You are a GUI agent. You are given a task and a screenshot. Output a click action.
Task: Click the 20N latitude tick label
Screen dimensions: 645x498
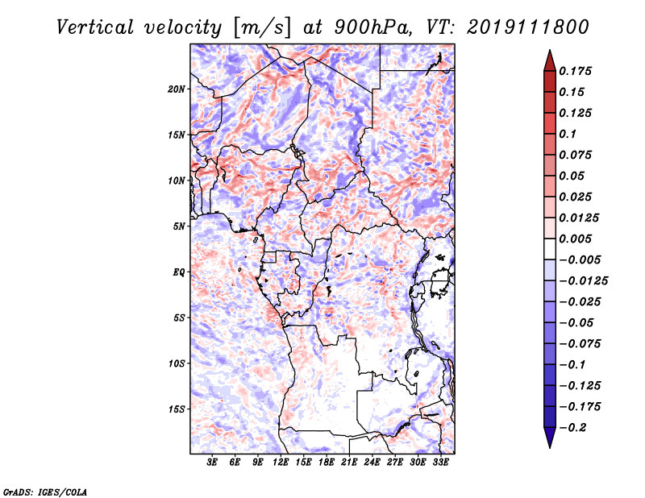pyautogui.click(x=176, y=89)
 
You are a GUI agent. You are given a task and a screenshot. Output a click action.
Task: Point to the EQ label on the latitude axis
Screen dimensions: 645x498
pyautogui.click(x=178, y=272)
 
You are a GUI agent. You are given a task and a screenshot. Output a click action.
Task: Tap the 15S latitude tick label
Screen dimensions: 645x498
pyautogui.click(x=176, y=409)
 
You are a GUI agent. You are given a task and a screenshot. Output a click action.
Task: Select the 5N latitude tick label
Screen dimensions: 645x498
pyautogui.click(x=178, y=226)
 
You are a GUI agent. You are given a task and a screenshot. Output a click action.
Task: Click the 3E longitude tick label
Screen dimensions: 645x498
pyautogui.click(x=212, y=462)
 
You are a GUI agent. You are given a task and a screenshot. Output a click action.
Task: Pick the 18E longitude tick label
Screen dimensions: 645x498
pyautogui.click(x=327, y=462)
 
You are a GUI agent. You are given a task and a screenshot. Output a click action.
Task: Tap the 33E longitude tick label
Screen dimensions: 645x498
pyautogui.click(x=440, y=462)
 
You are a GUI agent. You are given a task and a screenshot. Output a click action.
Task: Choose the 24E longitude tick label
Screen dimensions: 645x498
pyautogui.click(x=372, y=462)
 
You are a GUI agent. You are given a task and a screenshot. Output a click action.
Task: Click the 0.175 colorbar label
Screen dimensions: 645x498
pyautogui.click(x=575, y=71)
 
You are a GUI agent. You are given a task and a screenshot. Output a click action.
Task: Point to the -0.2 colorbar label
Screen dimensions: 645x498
pyautogui.click(x=572, y=428)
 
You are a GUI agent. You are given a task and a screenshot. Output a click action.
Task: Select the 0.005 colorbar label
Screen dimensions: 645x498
pyautogui.click(x=575, y=239)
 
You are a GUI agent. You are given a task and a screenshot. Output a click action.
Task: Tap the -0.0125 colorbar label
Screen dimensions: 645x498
pyautogui.click(x=583, y=281)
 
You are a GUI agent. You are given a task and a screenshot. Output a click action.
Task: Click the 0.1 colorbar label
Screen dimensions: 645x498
pyautogui.click(x=568, y=134)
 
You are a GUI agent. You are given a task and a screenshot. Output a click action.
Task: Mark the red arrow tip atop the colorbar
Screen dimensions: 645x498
pyautogui.click(x=550, y=50)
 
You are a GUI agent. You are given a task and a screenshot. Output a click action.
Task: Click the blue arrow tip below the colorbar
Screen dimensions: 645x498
pyautogui.click(x=550, y=447)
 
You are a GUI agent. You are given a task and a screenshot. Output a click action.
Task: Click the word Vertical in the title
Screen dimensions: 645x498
pyautogui.click(x=95, y=27)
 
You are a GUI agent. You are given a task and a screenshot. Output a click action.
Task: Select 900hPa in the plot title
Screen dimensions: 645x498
pyautogui.click(x=372, y=27)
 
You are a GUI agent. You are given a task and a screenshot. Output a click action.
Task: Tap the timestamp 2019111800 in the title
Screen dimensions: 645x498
pyautogui.click(x=528, y=27)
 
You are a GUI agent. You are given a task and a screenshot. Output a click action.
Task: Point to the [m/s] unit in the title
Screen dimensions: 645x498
pyautogui.click(x=262, y=28)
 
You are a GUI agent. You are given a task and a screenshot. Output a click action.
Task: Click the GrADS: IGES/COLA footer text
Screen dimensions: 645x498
pyautogui.click(x=45, y=492)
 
